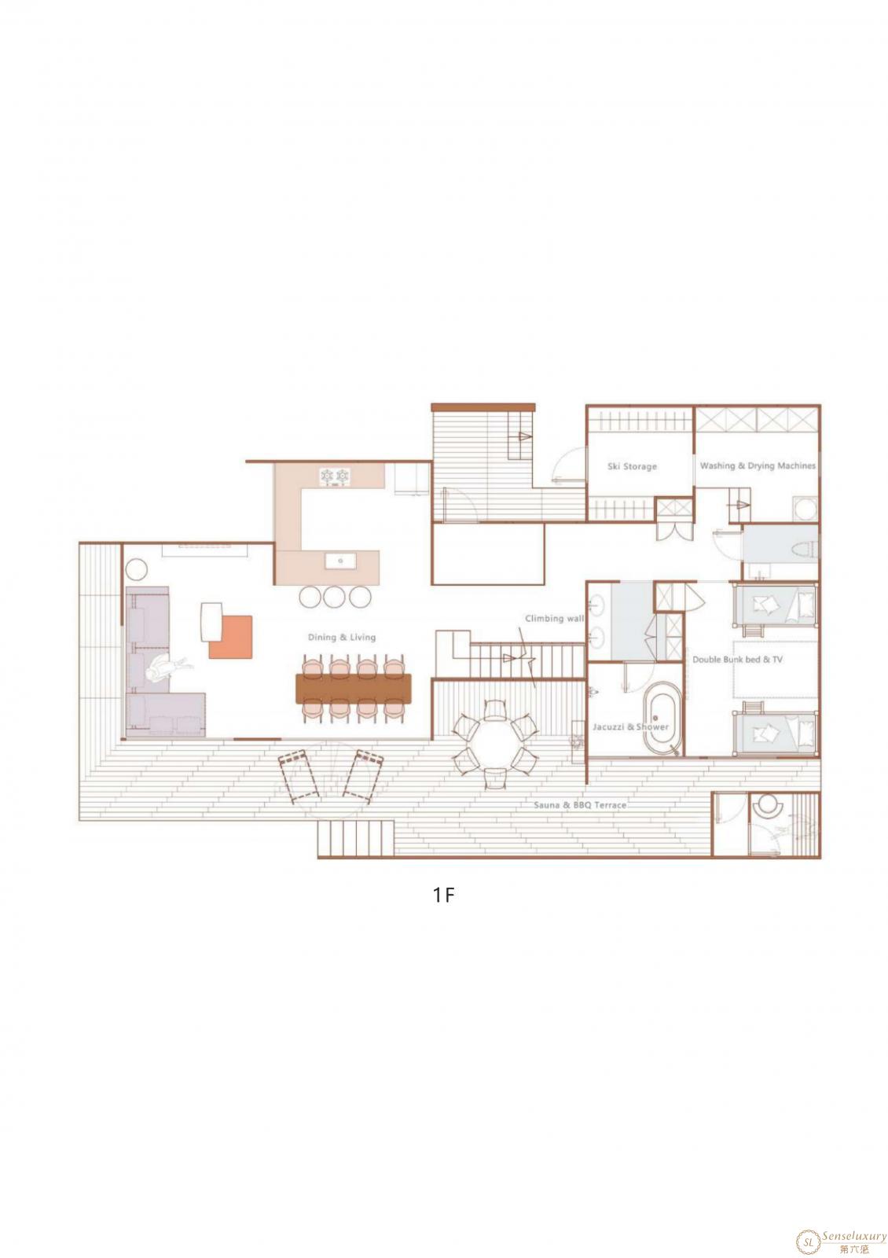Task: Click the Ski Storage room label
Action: [x=632, y=466]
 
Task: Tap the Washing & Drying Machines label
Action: [x=758, y=465]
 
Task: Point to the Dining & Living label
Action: [x=341, y=638]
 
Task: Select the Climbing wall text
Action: [x=554, y=618]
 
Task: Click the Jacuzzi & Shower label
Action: [x=630, y=726]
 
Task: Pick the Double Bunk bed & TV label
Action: [x=737, y=660]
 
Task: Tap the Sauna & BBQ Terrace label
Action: [x=580, y=805]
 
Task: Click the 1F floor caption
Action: [x=443, y=896]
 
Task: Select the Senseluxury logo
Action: [x=841, y=1238]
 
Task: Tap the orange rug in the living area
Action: [x=231, y=636]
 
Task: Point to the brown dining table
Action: [x=354, y=688]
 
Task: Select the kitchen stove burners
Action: [x=335, y=476]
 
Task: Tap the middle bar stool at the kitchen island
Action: [x=335, y=597]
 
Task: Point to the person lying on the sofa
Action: [x=169, y=668]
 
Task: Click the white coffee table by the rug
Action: [x=211, y=621]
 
